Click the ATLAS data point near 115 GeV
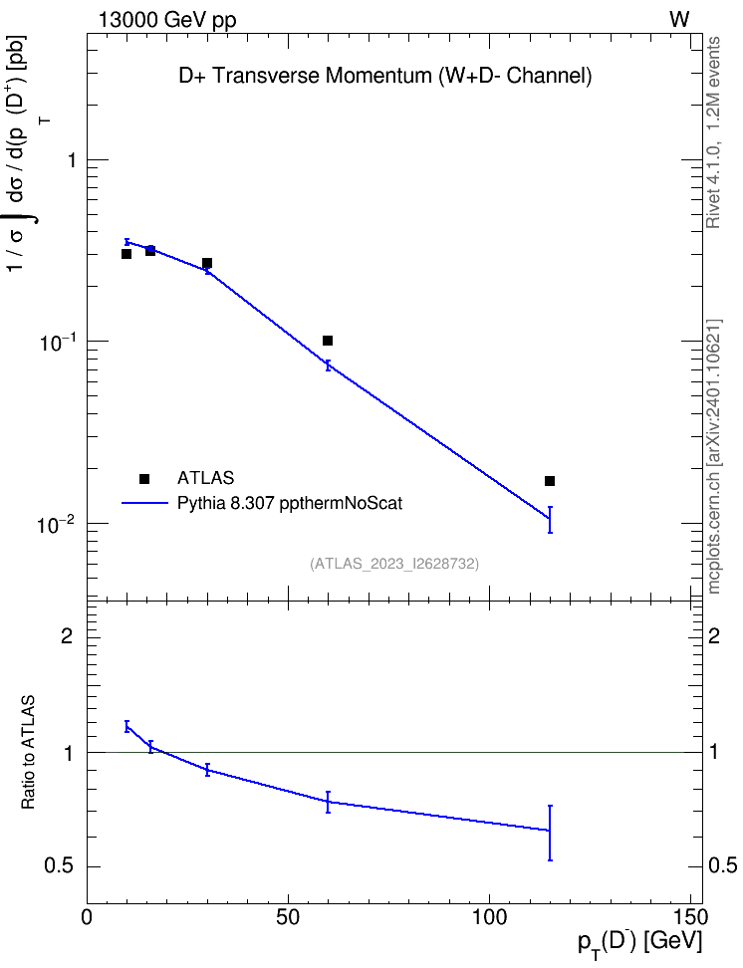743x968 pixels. (550, 481)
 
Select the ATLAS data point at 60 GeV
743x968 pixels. (328, 341)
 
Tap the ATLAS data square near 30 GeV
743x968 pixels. (207, 263)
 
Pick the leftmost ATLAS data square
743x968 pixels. (126, 254)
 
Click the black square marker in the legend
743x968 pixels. (144, 478)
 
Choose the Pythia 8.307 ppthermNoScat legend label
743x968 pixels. (290, 503)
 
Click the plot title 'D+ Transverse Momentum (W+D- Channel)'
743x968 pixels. (384, 76)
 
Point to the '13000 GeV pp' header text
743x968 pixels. (167, 20)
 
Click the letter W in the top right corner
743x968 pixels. (679, 20)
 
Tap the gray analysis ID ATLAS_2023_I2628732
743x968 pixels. (394, 564)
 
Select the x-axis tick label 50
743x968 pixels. (288, 917)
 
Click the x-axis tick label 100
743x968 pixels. (489, 917)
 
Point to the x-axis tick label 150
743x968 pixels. (690, 917)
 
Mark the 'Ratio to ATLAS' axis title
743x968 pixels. (28, 752)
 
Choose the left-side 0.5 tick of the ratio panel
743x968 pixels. (60, 866)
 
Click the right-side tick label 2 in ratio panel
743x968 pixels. (714, 635)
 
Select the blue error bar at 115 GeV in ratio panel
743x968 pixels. (550, 833)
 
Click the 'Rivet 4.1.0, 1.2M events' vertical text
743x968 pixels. (713, 132)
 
